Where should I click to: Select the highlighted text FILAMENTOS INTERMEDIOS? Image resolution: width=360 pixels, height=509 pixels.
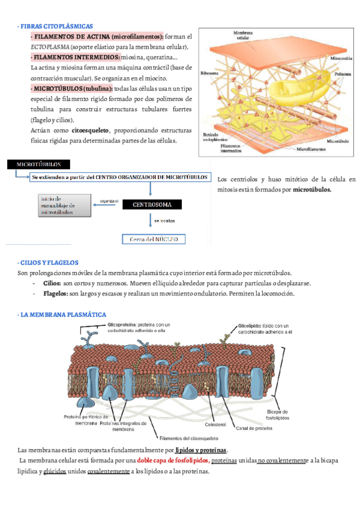[76, 57]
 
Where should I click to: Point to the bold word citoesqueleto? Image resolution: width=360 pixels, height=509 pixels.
[91, 130]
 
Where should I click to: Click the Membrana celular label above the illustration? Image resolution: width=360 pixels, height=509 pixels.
[243, 34]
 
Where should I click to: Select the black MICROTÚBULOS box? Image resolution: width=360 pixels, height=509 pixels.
[37, 164]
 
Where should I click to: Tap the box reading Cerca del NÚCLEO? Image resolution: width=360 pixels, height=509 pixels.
[154, 239]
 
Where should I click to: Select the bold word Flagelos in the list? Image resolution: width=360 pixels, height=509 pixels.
[56, 294]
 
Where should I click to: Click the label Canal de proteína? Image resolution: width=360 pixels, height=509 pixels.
[254, 428]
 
